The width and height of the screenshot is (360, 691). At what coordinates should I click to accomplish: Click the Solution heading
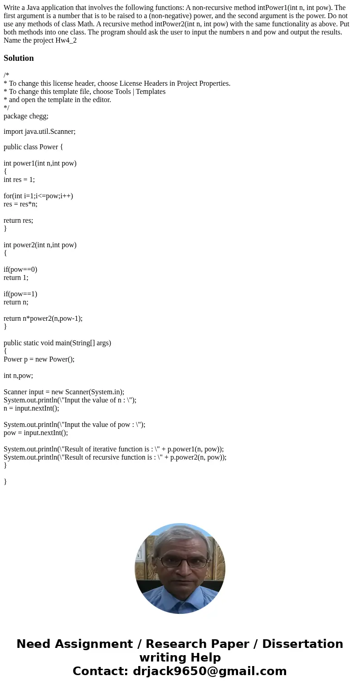(19, 58)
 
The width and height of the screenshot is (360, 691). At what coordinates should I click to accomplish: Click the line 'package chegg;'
(26, 116)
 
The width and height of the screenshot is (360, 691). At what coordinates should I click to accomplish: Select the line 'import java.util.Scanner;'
(39, 132)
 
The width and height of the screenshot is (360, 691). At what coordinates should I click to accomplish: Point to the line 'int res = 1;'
(19, 180)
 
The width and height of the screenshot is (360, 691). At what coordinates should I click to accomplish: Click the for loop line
(38, 196)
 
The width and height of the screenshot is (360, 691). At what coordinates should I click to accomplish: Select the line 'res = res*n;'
(20, 204)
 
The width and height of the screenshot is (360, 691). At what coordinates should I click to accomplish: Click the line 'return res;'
(18, 221)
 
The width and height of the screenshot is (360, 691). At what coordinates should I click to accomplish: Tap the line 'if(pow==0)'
(20, 270)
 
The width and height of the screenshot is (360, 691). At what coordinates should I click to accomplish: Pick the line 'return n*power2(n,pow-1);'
(43, 319)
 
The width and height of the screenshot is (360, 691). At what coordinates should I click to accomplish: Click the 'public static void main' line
(57, 343)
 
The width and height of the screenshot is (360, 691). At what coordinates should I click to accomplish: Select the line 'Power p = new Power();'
(39, 359)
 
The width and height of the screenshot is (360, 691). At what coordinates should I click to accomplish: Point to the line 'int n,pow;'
(18, 376)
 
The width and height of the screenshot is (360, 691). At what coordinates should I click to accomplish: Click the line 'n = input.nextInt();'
(31, 408)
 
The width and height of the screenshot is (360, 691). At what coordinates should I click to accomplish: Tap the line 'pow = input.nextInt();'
(36, 433)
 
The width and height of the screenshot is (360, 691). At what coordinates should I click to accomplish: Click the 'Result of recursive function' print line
(115, 457)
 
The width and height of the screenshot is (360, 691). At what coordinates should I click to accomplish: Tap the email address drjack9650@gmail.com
(209, 671)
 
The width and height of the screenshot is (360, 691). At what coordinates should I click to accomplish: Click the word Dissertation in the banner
(302, 644)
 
